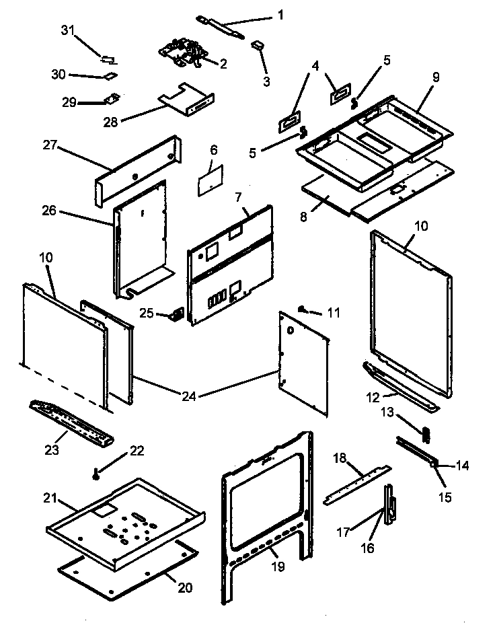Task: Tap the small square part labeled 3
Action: [x=257, y=45]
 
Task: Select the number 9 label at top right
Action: [x=436, y=77]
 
